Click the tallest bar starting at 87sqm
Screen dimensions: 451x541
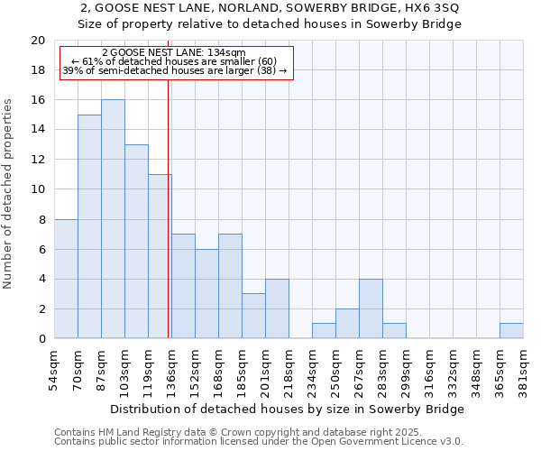pyautogui.click(x=113, y=219)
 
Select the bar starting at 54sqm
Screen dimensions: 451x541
pyautogui.click(x=66, y=279)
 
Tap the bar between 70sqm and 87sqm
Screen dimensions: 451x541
pyautogui.click(x=89, y=226)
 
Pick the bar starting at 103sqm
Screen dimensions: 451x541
pyautogui.click(x=136, y=242)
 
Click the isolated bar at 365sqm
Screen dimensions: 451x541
pyautogui.click(x=511, y=331)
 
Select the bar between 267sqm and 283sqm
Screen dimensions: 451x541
pyautogui.click(x=371, y=308)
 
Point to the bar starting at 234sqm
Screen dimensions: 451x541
pyautogui.click(x=324, y=331)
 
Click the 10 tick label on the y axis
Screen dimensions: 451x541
pyautogui.click(x=37, y=189)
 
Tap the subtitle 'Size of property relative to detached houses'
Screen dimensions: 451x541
pyautogui.click(x=270, y=24)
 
